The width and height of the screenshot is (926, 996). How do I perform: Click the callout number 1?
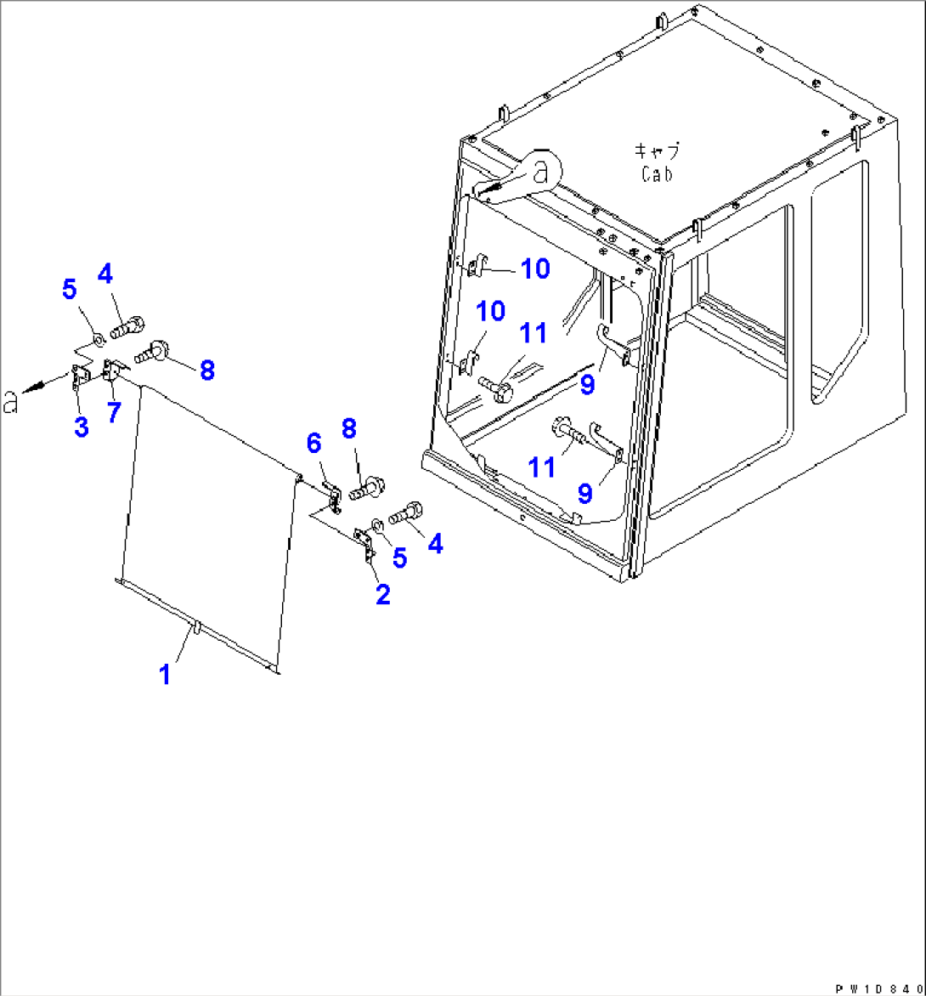coord(165,674)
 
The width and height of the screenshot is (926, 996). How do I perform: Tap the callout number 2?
coord(383,595)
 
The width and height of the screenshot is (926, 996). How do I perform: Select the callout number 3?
coord(82,427)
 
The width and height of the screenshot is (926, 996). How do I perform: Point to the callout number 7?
coord(115,412)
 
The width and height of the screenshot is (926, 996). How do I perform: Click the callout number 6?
coord(313,444)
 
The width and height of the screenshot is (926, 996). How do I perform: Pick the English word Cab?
coord(656,173)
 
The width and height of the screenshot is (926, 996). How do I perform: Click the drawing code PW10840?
coord(879,989)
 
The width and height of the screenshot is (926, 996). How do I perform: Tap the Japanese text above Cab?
coord(657,150)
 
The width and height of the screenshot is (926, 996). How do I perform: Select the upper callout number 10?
coord(534,269)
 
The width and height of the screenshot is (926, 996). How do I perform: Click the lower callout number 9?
coord(585,493)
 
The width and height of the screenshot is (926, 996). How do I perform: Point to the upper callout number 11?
coord(533,333)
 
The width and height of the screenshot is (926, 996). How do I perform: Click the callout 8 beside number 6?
coord(348,428)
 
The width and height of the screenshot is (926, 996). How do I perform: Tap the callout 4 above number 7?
coord(104,274)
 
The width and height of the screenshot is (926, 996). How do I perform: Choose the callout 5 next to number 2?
coord(399,557)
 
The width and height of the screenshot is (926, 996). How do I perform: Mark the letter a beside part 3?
coord(10,402)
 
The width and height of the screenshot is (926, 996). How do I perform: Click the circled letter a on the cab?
coord(540,171)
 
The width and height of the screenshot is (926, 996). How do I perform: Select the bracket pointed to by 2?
coord(364,544)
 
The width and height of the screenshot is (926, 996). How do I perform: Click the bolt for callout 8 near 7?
coord(150,351)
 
